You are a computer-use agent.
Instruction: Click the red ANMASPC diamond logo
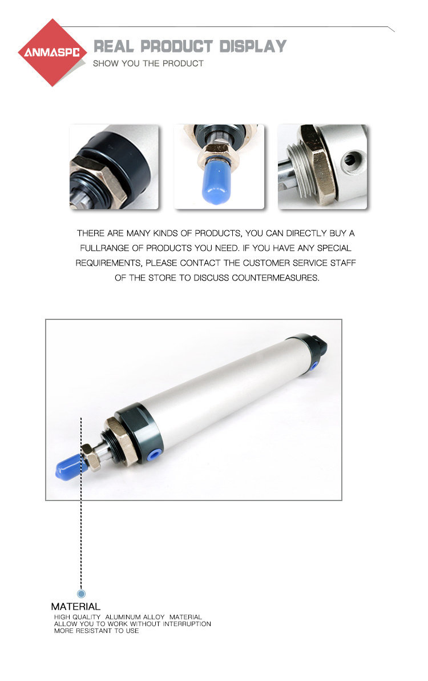tap(52, 53)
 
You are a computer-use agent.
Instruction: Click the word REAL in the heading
tap(114, 46)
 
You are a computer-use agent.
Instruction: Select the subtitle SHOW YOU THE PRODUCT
tap(148, 63)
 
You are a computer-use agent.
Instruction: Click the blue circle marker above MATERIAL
tap(81, 593)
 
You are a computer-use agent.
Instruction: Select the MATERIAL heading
tap(75, 606)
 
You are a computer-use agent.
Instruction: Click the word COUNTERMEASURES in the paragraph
tap(276, 278)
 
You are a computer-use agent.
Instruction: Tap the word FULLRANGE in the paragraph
tap(105, 248)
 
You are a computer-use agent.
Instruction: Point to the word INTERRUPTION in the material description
tap(187, 624)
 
